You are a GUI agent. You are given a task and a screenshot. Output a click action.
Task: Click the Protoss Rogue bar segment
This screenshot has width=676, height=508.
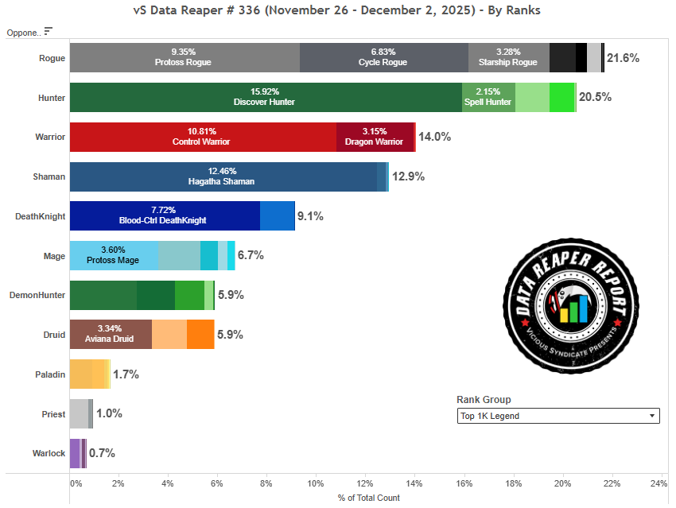point(185,58)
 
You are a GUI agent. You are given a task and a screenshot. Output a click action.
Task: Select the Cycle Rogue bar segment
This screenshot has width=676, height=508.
point(383,58)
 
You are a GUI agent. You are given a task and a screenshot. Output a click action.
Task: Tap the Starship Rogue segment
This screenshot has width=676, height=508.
point(509,58)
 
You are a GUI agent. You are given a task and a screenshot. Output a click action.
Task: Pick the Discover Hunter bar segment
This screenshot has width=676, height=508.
point(266,97)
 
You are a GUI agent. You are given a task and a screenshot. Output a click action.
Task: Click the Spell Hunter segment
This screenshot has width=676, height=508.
point(488,97)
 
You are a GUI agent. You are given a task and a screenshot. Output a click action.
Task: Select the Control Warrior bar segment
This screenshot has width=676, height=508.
point(203,137)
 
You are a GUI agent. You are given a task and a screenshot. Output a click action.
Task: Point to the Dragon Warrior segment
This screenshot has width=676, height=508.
point(375,137)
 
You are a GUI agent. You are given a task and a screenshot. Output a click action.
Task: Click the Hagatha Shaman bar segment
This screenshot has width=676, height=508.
point(223,176)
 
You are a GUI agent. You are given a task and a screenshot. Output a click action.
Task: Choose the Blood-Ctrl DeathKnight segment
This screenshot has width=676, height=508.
point(165,216)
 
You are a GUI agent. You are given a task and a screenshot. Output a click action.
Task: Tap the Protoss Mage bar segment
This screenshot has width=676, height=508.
point(114,255)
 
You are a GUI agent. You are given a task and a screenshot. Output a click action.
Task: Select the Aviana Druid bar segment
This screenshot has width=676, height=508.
point(111,335)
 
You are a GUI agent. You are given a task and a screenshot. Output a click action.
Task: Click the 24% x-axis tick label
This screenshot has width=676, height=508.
point(659,483)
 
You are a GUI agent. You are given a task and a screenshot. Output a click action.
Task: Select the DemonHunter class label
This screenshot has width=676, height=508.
point(37,295)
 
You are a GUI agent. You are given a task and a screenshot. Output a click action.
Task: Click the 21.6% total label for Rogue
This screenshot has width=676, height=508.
point(623,58)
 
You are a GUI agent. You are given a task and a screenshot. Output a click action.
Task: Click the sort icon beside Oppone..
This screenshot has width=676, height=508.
point(49,31)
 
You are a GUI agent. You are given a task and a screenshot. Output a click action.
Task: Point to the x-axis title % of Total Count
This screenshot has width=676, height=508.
point(369,498)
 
